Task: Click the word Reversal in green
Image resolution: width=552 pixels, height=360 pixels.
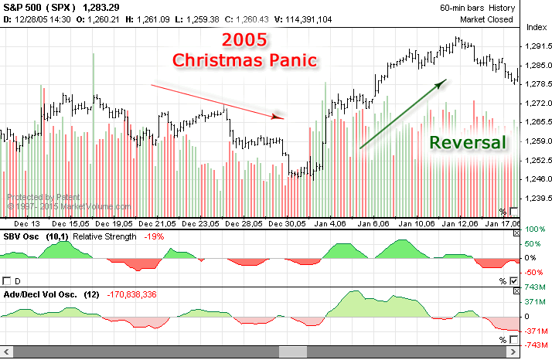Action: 468,142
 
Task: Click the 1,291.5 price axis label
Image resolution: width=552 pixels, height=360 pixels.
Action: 537,46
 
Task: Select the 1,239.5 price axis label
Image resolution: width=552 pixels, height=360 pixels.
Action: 537,198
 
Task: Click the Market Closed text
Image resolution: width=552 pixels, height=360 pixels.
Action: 486,19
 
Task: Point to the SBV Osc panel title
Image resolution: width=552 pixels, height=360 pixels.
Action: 23,235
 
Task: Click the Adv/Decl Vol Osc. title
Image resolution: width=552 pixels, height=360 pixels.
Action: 37,294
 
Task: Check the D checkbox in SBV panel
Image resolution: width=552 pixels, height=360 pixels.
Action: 8,280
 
